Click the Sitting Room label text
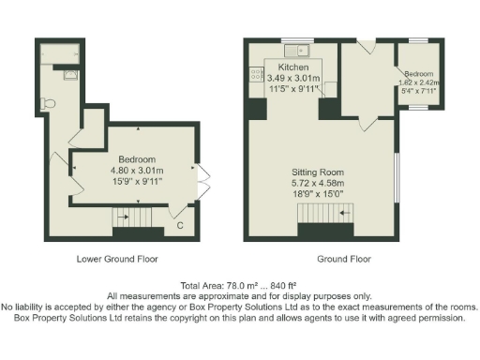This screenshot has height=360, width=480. point(319,173)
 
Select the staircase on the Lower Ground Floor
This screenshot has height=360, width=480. point(131,220)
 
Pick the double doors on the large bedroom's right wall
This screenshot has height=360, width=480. point(202,181)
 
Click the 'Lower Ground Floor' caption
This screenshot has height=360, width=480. point(117,259)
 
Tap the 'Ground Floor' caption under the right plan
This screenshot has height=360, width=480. point(343,259)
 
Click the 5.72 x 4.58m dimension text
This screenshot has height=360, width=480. point(319,185)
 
